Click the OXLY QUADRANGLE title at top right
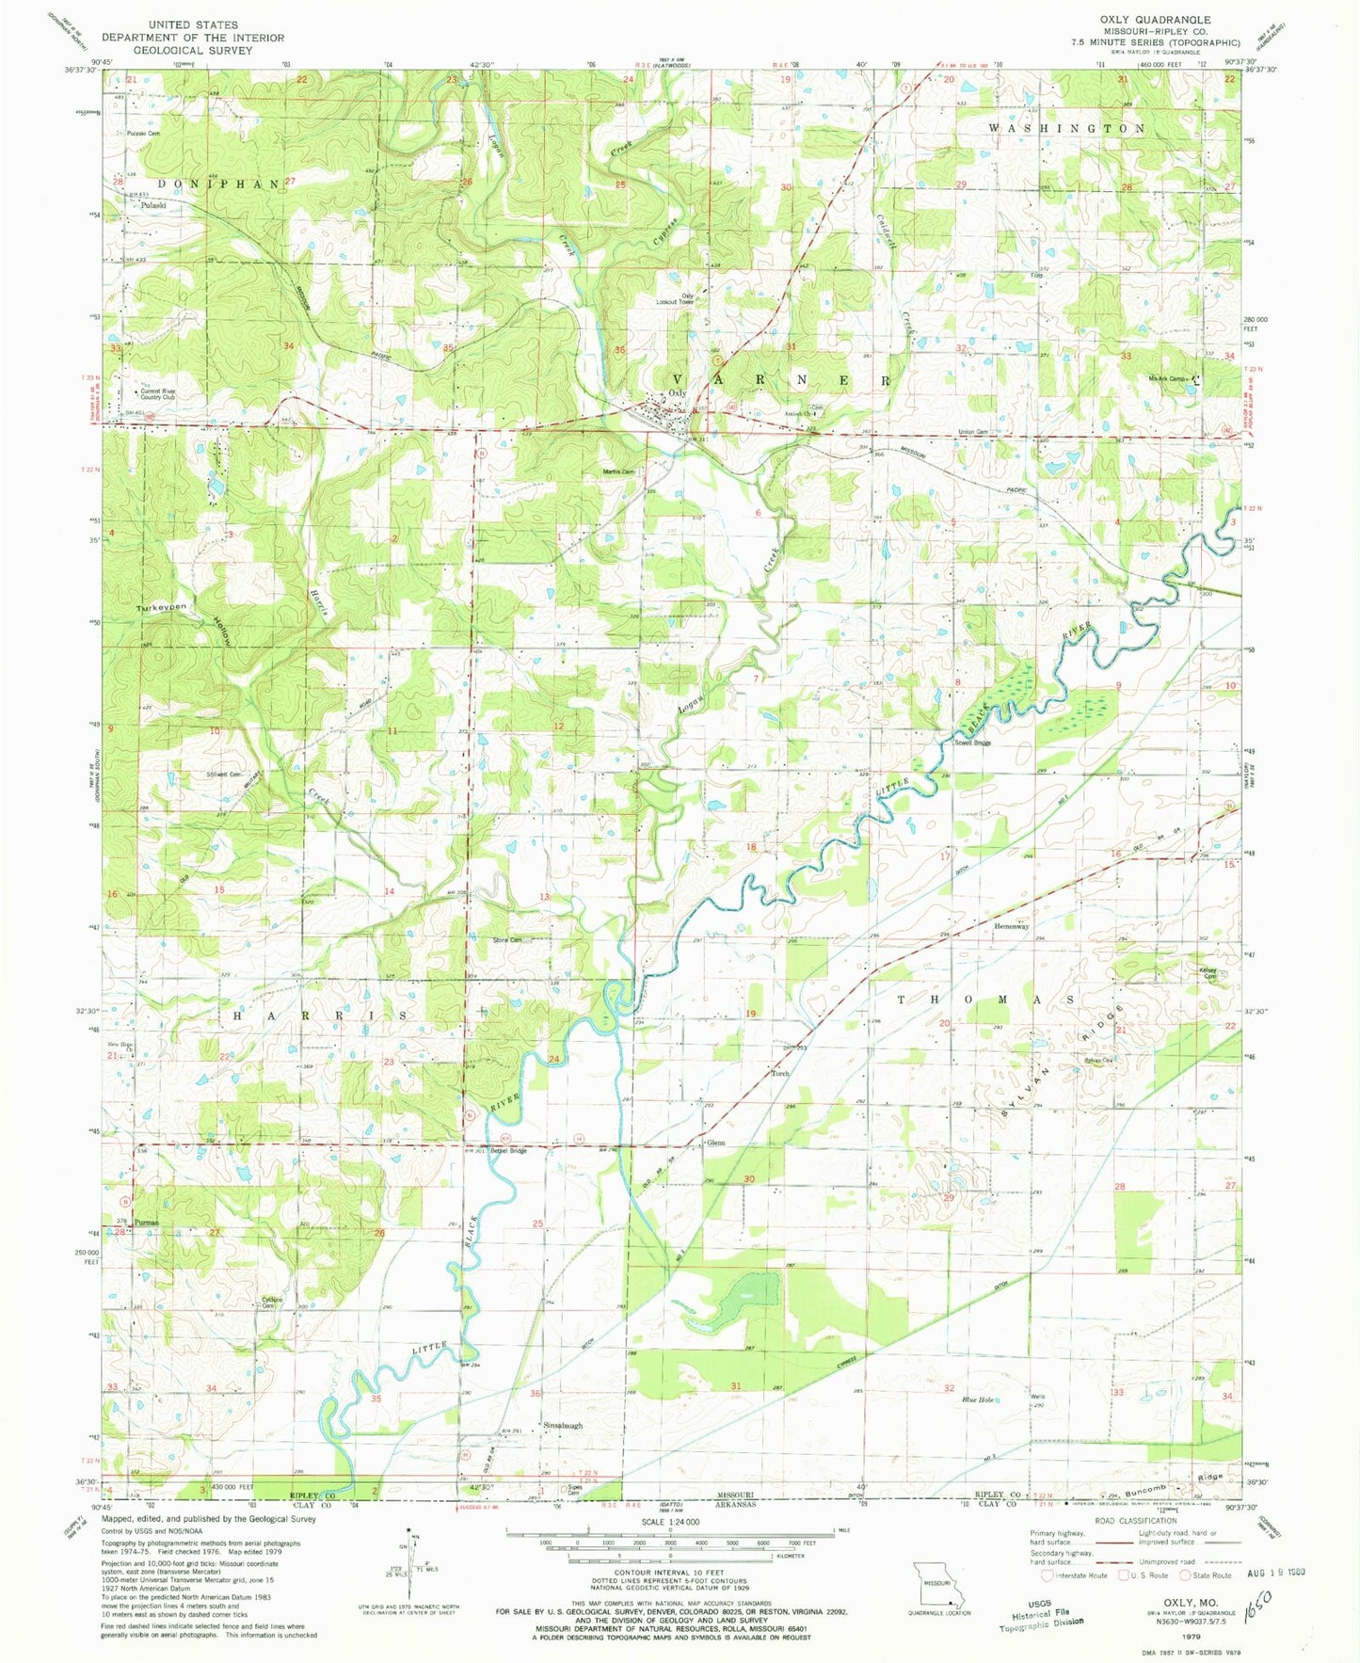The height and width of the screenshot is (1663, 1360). coord(1161,19)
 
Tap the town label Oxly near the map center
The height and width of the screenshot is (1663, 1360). coord(678,393)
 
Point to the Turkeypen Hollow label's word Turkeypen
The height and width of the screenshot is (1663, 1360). coord(159,607)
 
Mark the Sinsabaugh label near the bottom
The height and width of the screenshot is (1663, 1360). coord(563,1426)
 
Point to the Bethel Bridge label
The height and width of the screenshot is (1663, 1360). coord(506,1150)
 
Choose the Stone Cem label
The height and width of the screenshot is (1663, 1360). coord(507,939)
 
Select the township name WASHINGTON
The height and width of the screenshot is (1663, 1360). coord(1065,127)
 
